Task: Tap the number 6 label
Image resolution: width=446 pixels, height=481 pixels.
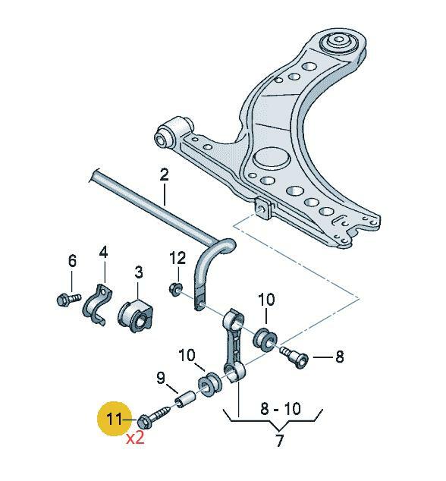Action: coord(72,261)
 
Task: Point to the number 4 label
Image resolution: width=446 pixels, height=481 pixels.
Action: coord(103,252)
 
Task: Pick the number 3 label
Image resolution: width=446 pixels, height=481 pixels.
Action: coord(139,271)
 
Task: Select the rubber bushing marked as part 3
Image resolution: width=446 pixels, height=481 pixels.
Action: coord(137,315)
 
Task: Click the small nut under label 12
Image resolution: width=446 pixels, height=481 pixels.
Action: coord(175,288)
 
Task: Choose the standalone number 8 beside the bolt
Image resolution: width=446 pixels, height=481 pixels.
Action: coord(339,355)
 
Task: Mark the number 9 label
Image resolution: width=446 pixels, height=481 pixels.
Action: coord(160,377)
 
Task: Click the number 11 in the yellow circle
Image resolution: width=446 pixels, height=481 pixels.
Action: coord(113,418)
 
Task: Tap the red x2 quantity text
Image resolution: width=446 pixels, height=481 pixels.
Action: coord(134,439)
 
